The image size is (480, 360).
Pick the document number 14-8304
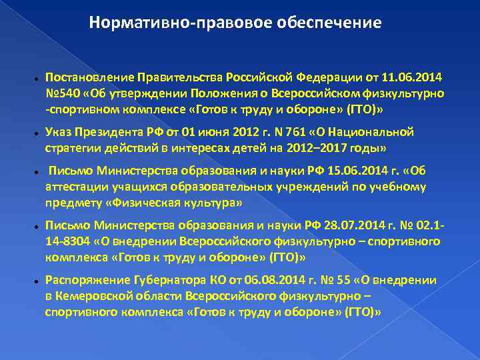[x=69, y=241]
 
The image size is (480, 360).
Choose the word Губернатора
[x=163, y=281]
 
